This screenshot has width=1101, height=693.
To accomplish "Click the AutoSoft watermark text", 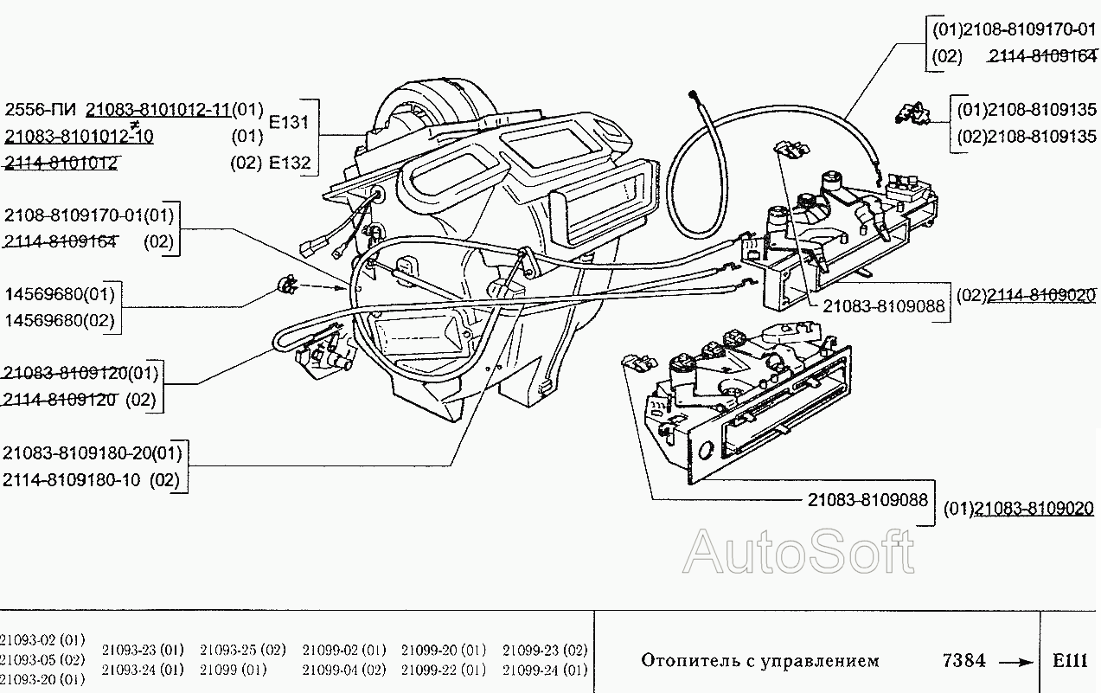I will pyautogui.click(x=797, y=552).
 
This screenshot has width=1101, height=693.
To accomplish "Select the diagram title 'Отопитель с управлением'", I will pyautogui.click(x=759, y=661).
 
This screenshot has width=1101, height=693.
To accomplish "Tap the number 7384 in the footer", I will pyautogui.click(x=963, y=661).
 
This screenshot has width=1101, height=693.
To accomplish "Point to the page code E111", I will pyautogui.click(x=1070, y=661).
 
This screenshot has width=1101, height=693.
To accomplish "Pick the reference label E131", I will pyautogui.click(x=290, y=122).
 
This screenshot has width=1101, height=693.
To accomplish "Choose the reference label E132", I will pyautogui.click(x=290, y=162).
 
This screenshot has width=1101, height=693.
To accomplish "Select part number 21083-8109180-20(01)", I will pyautogui.click(x=93, y=452).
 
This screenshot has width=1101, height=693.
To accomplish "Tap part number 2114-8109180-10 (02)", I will pyautogui.click(x=91, y=480).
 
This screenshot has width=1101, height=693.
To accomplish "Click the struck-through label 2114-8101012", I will pyautogui.click(x=61, y=162).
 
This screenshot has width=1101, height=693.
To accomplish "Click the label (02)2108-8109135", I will pyautogui.click(x=1026, y=137).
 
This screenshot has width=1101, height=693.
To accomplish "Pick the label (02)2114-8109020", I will pyautogui.click(x=1025, y=295).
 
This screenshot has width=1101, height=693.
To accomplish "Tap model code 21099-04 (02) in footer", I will pyautogui.click(x=343, y=670).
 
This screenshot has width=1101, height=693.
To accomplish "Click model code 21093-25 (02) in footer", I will pyautogui.click(x=242, y=650).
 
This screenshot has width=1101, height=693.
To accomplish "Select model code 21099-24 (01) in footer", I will pyautogui.click(x=544, y=670).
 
